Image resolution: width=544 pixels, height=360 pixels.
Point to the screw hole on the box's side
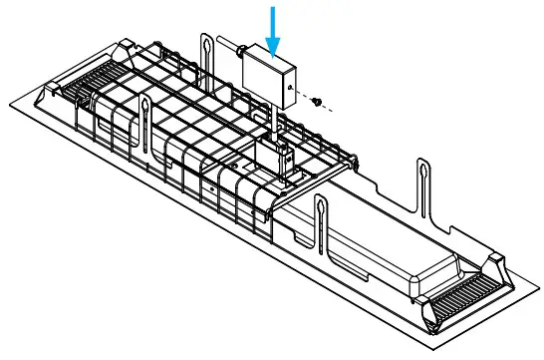pyautogui.click(x=288, y=88)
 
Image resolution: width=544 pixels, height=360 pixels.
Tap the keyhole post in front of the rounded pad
pyautogui.click(x=322, y=224)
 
